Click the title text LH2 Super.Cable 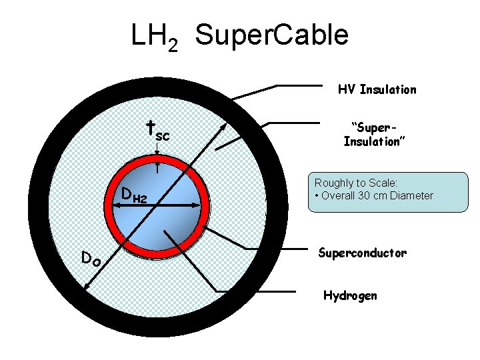(239, 35)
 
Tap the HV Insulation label (377, 89)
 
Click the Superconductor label (362, 253)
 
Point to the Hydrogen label (350, 295)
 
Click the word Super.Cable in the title (273, 35)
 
